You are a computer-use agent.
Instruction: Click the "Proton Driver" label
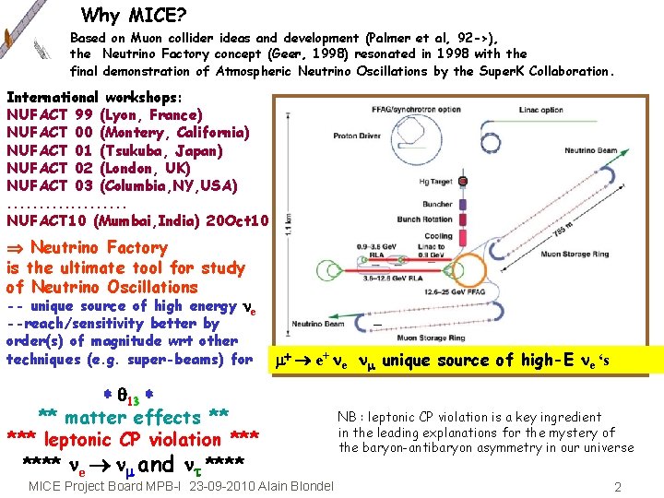tap(358, 136)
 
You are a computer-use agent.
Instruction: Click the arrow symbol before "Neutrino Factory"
tap(16, 247)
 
